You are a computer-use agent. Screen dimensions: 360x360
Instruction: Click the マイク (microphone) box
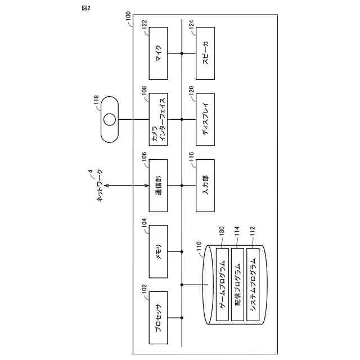click(x=159, y=53)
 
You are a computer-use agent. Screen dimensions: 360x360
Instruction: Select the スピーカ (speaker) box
click(x=205, y=53)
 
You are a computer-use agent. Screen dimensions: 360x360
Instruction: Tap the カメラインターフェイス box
click(x=159, y=119)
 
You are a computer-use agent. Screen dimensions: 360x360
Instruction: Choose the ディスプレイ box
click(x=205, y=119)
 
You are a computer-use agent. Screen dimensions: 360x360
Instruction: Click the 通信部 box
click(x=159, y=186)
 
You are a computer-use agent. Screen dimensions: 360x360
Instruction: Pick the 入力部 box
click(x=205, y=186)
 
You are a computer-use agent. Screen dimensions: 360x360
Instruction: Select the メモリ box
click(x=159, y=252)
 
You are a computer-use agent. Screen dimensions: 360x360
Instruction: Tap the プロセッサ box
click(x=159, y=318)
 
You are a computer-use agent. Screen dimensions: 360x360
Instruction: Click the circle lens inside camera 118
click(x=110, y=119)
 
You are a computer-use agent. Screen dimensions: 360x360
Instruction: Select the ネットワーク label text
click(x=100, y=186)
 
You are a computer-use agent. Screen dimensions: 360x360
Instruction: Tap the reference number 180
click(x=222, y=229)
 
